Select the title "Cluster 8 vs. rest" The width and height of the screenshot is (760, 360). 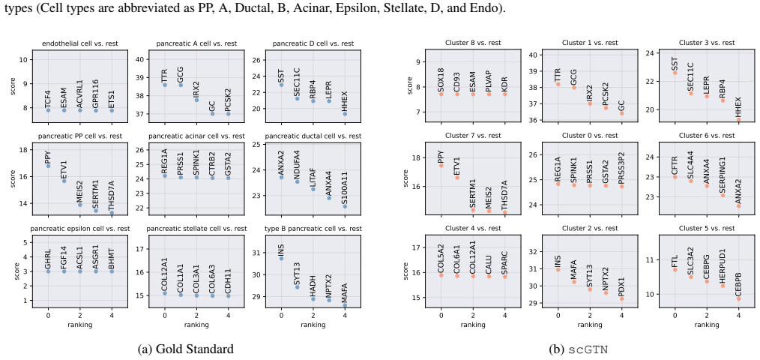click(x=473, y=43)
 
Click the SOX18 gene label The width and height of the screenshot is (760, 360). click(x=441, y=81)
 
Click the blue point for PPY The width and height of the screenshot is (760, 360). click(x=48, y=166)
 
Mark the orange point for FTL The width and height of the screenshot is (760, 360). click(x=675, y=269)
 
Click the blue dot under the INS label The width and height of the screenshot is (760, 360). click(x=281, y=258)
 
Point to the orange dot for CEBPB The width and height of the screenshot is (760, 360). click(x=738, y=298)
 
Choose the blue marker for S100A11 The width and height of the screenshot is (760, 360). click(x=345, y=206)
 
